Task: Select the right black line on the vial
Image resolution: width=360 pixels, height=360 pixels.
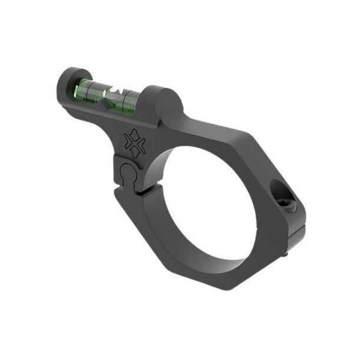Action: click(125, 98)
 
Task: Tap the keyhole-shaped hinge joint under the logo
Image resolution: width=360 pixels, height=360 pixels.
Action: click(127, 174)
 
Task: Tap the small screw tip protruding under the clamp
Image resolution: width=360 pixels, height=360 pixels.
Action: click(286, 255)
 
